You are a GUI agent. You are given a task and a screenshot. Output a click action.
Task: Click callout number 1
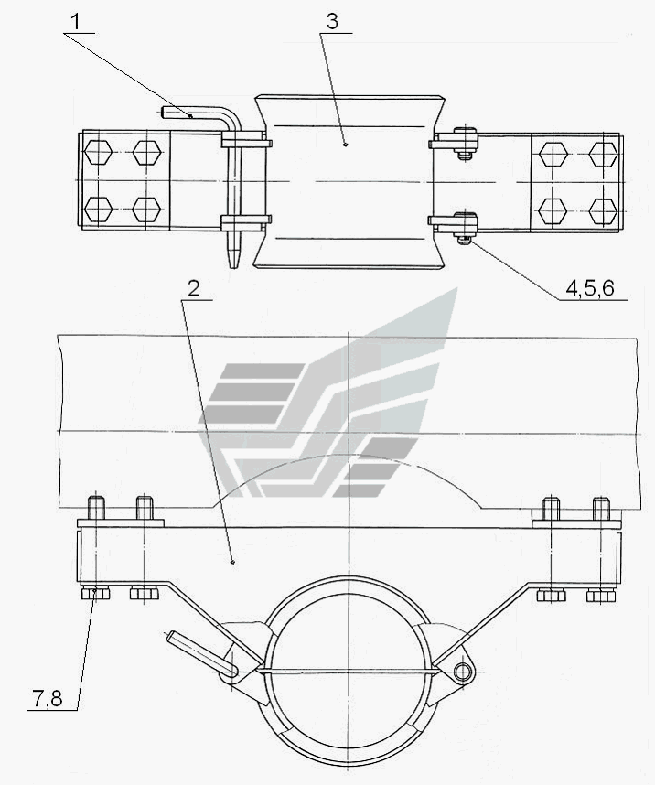[x=76, y=22]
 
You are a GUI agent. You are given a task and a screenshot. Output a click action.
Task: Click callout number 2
[x=194, y=288]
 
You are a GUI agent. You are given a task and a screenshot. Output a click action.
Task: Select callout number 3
[x=332, y=21]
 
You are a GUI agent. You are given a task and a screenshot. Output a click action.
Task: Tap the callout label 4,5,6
[x=590, y=288]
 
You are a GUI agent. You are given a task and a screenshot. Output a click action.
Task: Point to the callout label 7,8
[x=48, y=698]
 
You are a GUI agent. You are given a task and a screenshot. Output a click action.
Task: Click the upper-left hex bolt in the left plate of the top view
[x=98, y=152]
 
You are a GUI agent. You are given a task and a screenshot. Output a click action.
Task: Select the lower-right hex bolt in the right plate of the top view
[x=603, y=210]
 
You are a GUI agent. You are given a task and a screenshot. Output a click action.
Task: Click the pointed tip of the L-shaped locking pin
[x=234, y=265]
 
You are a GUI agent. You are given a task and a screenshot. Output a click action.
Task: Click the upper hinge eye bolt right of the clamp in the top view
[x=466, y=141]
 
